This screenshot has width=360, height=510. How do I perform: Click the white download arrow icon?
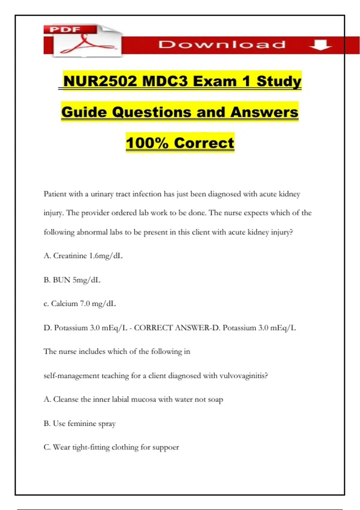[x=320, y=45]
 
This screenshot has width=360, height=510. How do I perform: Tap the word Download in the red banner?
[x=222, y=45]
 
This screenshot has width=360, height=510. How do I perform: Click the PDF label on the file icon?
[x=65, y=29]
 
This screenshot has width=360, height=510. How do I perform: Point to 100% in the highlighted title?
[x=147, y=143]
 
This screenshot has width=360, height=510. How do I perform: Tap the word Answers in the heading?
[x=264, y=112]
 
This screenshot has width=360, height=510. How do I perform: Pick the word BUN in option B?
[x=61, y=280]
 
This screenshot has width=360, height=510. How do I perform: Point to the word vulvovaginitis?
[x=243, y=376]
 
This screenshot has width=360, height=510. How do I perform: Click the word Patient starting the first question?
[x=55, y=194]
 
